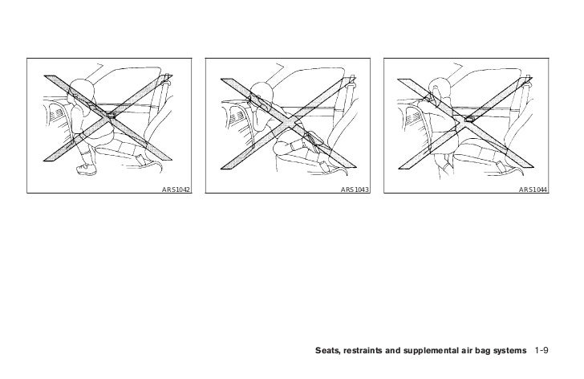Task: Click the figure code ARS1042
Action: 176,189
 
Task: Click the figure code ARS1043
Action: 355,189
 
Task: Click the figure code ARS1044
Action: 533,189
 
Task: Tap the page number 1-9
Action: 541,350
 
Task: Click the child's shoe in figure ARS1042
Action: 87,169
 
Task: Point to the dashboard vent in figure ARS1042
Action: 58,115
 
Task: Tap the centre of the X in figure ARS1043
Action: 288,124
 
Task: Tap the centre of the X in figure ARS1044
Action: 465,124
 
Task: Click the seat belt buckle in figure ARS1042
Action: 111,116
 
